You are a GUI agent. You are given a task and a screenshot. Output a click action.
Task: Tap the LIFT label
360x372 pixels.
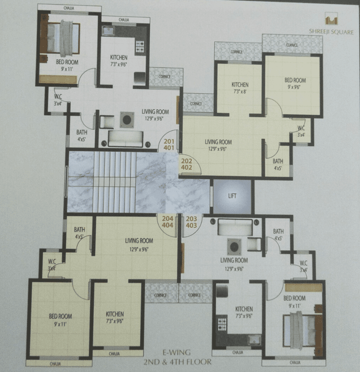(232, 196)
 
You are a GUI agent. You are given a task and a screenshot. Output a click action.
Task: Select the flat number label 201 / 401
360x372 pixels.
(169, 145)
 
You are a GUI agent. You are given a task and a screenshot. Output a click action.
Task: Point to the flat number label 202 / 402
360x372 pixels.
(187, 163)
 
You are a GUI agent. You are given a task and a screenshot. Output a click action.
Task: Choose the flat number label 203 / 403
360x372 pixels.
(191, 222)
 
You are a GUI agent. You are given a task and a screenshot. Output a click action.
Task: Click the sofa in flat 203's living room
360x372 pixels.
(235, 227)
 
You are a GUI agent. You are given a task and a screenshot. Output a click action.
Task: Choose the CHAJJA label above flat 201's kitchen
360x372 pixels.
(124, 20)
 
